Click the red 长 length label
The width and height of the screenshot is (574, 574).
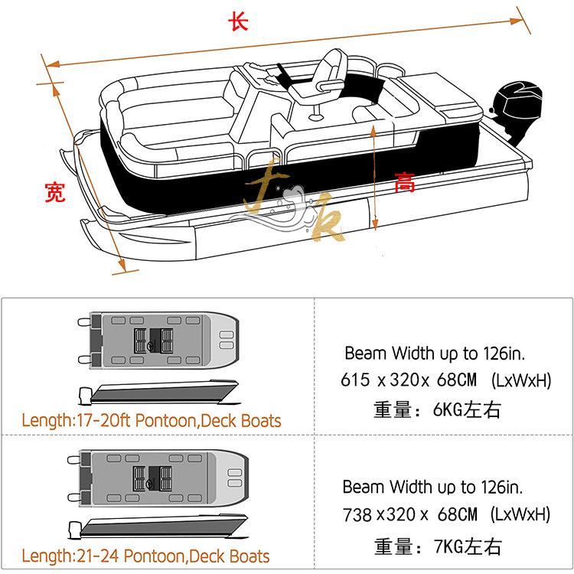click(239, 21)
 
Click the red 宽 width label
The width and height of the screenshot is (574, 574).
click(55, 192)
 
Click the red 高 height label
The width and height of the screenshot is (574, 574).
click(405, 184)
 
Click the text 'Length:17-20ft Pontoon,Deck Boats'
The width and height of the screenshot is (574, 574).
click(152, 420)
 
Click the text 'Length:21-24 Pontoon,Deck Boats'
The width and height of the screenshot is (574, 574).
click(145, 555)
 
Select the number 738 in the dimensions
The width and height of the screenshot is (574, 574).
click(357, 514)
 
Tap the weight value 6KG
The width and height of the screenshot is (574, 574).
click(449, 410)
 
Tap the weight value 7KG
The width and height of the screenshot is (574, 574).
click(449, 546)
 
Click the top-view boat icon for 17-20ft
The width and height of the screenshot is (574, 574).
click(158, 338)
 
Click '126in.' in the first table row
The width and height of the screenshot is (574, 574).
click(505, 354)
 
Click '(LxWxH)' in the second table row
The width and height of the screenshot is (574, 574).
click(520, 514)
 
